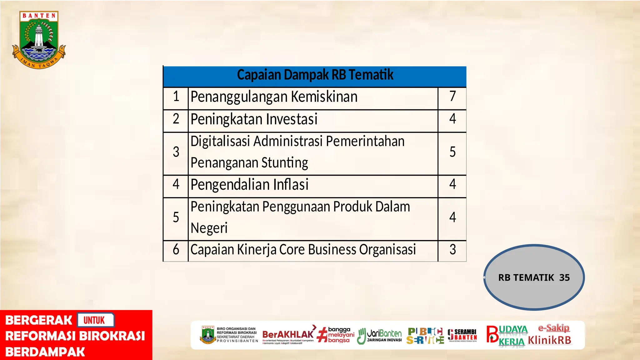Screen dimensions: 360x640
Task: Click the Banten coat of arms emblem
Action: coord(39,40)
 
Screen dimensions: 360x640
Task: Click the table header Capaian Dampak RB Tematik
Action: coord(315,75)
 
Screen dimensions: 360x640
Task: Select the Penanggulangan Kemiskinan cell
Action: coord(274,97)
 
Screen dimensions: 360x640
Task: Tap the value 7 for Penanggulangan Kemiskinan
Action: coord(452,96)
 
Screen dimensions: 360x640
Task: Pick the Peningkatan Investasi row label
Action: coord(254,119)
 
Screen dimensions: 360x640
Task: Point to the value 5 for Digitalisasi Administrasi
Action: coord(452,152)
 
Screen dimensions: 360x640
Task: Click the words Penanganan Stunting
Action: coord(249,163)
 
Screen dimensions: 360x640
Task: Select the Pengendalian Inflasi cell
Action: coord(249,185)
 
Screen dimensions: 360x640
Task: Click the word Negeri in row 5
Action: coord(209,228)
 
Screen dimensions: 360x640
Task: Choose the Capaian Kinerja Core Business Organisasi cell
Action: coord(303,250)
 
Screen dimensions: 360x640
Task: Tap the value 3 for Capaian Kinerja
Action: coord(452,250)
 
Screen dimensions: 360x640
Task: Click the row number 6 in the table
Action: coord(176,250)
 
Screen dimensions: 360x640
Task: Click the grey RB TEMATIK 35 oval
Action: coord(534,277)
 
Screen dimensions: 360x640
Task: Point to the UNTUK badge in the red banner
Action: coord(94,320)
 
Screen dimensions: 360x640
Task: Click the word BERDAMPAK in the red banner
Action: coord(45,352)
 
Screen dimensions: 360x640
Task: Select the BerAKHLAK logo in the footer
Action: coord(288,335)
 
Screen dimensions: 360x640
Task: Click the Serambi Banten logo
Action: coord(462,335)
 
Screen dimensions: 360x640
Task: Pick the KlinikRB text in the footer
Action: coord(549,340)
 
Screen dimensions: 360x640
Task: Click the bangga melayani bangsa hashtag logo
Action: coord(336,335)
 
